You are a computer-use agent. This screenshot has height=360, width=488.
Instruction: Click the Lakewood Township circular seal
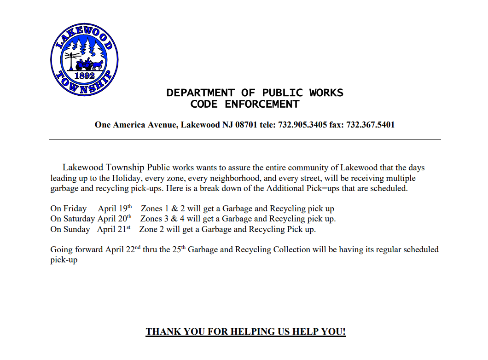point(84,60)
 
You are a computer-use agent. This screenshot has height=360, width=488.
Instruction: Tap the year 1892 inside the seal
point(84,75)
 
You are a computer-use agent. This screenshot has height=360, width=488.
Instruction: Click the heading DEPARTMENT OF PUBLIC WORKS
point(255,93)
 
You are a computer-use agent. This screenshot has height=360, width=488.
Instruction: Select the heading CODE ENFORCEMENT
point(244,105)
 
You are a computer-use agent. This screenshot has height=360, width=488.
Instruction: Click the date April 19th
point(115,209)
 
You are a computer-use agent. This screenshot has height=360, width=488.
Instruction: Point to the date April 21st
point(114,229)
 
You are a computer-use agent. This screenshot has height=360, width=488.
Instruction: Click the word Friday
point(75,209)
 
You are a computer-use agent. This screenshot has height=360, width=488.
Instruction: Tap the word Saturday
point(79,219)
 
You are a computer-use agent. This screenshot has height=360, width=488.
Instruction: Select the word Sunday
point(77,229)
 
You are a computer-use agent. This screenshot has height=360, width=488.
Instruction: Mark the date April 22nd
point(122,250)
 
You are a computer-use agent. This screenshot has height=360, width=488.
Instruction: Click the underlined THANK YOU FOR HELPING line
point(245,332)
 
